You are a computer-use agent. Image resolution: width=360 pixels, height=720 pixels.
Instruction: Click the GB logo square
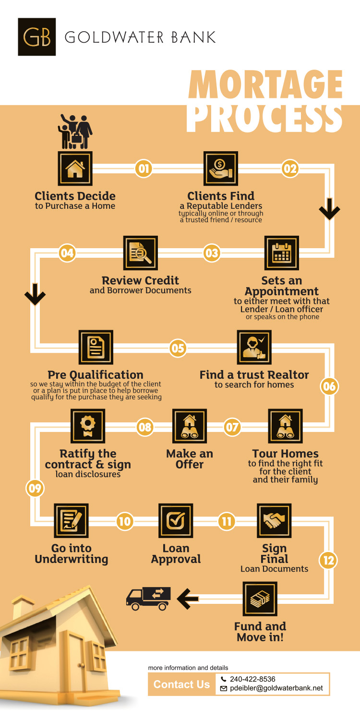coord(36,37)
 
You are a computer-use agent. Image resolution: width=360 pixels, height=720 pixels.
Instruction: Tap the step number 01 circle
coord(144,168)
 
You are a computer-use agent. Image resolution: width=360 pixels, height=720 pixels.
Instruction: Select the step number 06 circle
coord(329,386)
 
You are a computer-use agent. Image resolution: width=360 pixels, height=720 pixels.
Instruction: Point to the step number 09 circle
coord(35,488)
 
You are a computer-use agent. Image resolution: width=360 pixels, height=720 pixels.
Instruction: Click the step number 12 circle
coord(328,560)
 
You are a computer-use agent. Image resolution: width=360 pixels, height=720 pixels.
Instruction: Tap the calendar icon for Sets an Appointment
coord(282,252)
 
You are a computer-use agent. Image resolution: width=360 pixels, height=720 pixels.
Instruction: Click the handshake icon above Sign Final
coord(274,520)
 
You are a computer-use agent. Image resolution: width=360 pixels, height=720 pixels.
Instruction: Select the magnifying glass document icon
coord(141,252)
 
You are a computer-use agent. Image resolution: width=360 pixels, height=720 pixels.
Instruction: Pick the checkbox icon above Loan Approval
coord(176,520)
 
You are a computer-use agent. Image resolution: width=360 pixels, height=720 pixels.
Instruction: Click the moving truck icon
coord(148,599)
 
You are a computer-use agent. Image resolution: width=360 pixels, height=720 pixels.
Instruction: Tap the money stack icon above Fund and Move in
coord(260,599)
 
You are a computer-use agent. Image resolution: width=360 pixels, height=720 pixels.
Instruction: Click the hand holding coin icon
coord(220,168)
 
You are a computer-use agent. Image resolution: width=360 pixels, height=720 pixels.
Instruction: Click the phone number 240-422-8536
coord(252,679)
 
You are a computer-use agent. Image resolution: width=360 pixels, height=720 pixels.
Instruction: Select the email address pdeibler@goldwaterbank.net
coord(276,688)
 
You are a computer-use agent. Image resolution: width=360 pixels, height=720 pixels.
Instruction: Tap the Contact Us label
coord(181,684)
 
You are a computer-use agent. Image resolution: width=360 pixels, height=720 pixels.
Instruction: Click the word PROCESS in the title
coord(264,118)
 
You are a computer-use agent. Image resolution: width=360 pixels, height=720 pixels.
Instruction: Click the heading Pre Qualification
coord(96,375)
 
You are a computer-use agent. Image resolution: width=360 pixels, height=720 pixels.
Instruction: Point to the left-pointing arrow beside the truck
coord(187,599)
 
